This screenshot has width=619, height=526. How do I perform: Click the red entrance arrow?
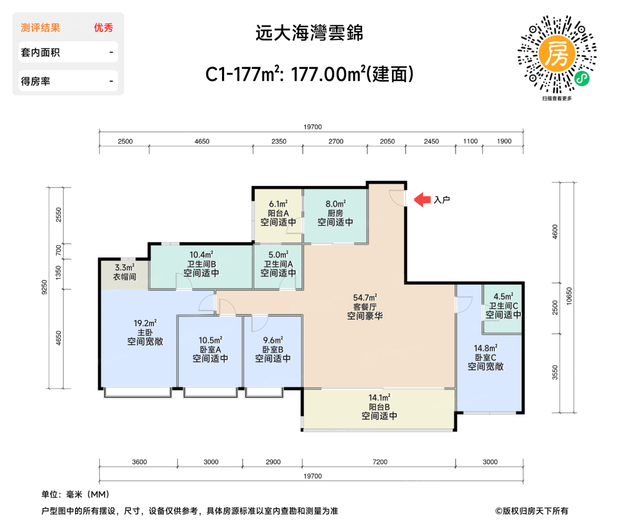(x=422, y=200)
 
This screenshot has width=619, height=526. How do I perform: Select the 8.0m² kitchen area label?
(x=335, y=213)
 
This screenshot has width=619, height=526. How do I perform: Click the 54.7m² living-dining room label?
(x=365, y=307)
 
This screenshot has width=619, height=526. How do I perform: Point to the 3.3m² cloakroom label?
(x=125, y=272)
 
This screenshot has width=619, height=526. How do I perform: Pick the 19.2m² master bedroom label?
(x=145, y=332)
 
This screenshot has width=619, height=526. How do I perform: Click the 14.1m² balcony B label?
(x=379, y=407)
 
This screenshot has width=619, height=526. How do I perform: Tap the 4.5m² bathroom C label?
(x=503, y=306)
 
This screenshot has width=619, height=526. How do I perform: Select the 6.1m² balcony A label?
(x=278, y=213)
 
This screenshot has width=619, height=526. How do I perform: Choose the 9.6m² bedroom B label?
(x=273, y=349)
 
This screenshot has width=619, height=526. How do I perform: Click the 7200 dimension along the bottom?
(x=380, y=462)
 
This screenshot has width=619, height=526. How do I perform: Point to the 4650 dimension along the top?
(x=202, y=142)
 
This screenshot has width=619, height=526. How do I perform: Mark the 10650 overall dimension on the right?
(x=569, y=296)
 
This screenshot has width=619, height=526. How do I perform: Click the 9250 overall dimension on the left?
(x=44, y=287)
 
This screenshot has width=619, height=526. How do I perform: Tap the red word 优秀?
(x=103, y=28)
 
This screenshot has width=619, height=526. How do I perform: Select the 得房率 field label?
(x=35, y=81)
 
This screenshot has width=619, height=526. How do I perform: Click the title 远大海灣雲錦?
(x=309, y=33)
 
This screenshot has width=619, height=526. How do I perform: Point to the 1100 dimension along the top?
(x=470, y=142)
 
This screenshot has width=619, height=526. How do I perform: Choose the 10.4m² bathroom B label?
(x=201, y=264)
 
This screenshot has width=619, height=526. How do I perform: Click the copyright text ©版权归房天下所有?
(x=531, y=511)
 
